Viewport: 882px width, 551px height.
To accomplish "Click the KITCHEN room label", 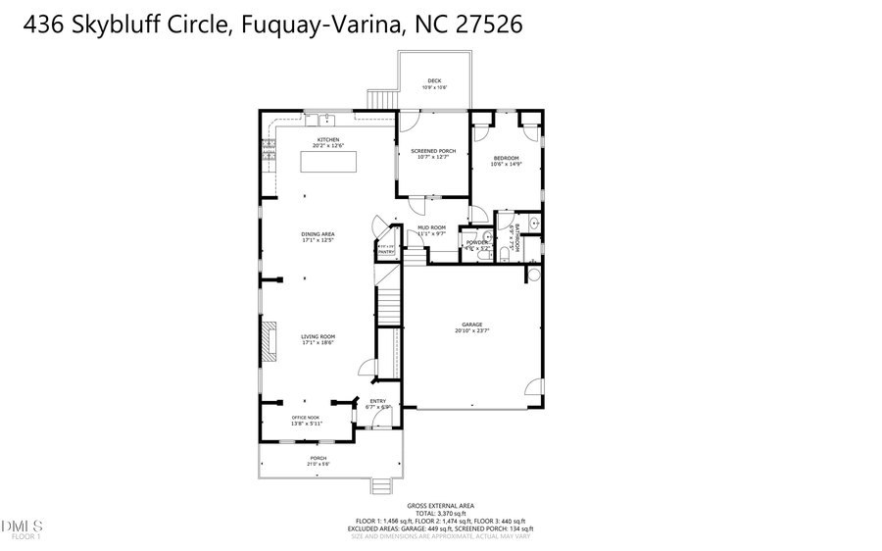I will pyautogui.click(x=327, y=140).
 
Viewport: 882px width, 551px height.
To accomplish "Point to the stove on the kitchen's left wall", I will pyautogui.click(x=267, y=149).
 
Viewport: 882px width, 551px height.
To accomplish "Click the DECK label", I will pyautogui.click(x=433, y=81).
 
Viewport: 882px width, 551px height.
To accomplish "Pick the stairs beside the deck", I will pyautogui.click(x=381, y=99).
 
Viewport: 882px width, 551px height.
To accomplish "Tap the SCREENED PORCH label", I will pyautogui.click(x=433, y=151).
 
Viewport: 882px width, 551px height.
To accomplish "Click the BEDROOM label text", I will pyautogui.click(x=506, y=158).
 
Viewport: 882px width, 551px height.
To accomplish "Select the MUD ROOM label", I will pyautogui.click(x=431, y=227).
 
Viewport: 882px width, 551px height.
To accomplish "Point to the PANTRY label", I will pyautogui.click(x=386, y=252).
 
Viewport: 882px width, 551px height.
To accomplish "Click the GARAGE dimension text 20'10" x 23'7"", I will pyautogui.click(x=472, y=331).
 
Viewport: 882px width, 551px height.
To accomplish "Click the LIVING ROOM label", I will pyautogui.click(x=318, y=336).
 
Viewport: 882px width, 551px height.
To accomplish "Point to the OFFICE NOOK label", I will pyautogui.click(x=306, y=418).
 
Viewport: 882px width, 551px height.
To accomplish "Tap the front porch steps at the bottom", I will pyautogui.click(x=381, y=485).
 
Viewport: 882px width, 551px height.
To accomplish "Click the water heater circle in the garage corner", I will pyautogui.click(x=534, y=276).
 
